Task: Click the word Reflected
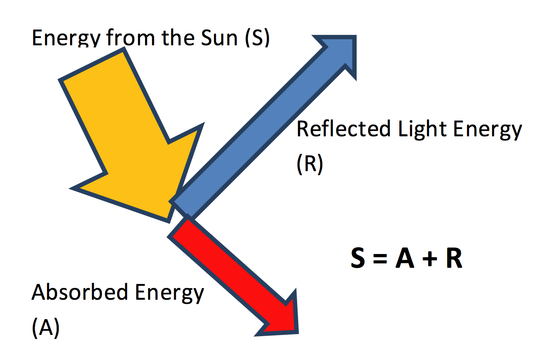(x=344, y=129)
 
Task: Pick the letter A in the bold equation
(x=405, y=259)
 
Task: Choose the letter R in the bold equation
(x=454, y=259)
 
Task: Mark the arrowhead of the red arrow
(x=283, y=320)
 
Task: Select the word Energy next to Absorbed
(x=170, y=293)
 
